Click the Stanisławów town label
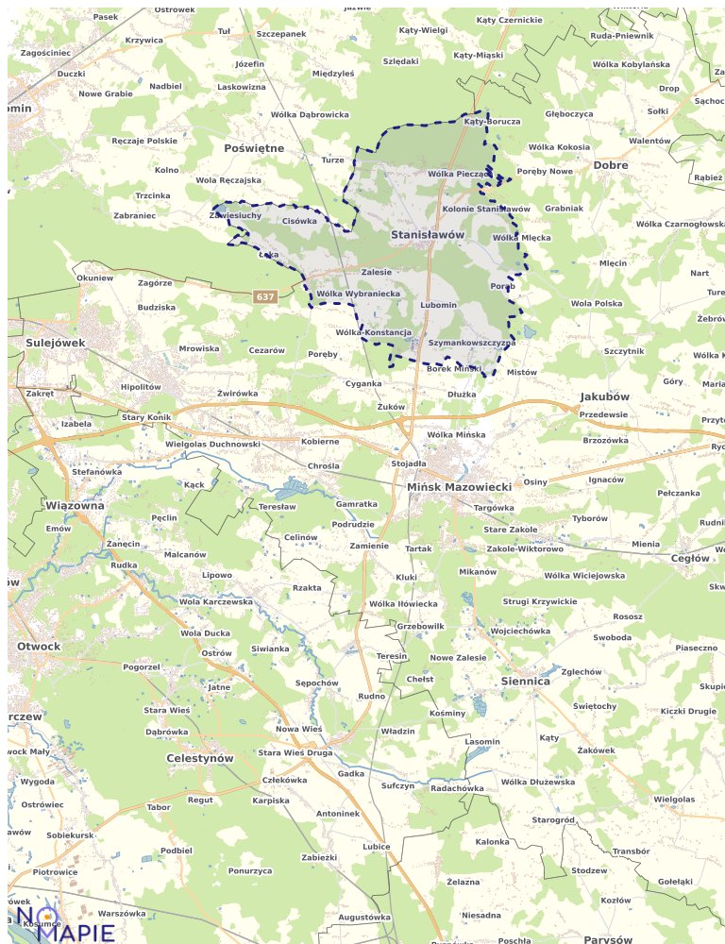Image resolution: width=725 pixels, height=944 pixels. pyautogui.click(x=428, y=234)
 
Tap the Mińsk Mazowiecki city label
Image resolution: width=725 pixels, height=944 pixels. pyautogui.click(x=459, y=487)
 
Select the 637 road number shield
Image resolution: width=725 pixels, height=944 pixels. pyautogui.click(x=265, y=297)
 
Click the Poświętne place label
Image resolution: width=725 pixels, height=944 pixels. pyautogui.click(x=254, y=148)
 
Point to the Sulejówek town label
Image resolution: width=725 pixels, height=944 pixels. pyautogui.click(x=56, y=343)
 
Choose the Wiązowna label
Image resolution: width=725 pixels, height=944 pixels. pyautogui.click(x=75, y=506)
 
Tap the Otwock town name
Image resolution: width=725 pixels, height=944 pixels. pyautogui.click(x=39, y=647)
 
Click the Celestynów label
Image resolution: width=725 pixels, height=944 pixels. pyautogui.click(x=199, y=758)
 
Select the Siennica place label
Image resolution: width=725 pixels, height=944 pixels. pyautogui.click(x=525, y=681)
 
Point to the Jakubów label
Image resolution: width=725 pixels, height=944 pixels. pyautogui.click(x=605, y=396)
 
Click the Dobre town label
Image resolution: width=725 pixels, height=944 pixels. pyautogui.click(x=611, y=165)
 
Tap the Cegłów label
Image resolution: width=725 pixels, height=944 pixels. pyautogui.click(x=689, y=558)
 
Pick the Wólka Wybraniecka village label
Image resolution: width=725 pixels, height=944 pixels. pyautogui.click(x=359, y=294)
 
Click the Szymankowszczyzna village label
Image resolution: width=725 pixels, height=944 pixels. pyautogui.click(x=471, y=344)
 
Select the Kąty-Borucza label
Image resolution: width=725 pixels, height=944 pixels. pyautogui.click(x=492, y=122)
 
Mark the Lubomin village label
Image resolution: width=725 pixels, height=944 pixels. pyautogui.click(x=438, y=305)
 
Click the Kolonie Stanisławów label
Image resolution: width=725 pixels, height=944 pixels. pyautogui.click(x=486, y=209)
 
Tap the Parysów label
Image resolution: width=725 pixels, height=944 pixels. pyautogui.click(x=608, y=940)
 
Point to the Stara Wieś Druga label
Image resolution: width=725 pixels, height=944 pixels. pyautogui.click(x=295, y=753)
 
